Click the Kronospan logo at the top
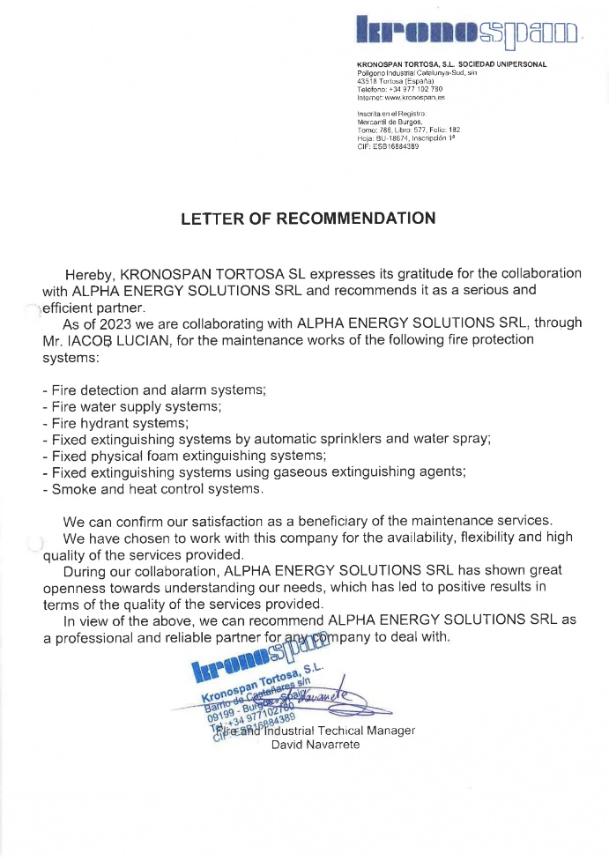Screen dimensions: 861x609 [466, 32]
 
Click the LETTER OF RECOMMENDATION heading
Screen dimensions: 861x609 [308, 219]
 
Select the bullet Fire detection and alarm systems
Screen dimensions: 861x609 [154, 390]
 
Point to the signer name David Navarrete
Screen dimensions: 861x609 [316, 745]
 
